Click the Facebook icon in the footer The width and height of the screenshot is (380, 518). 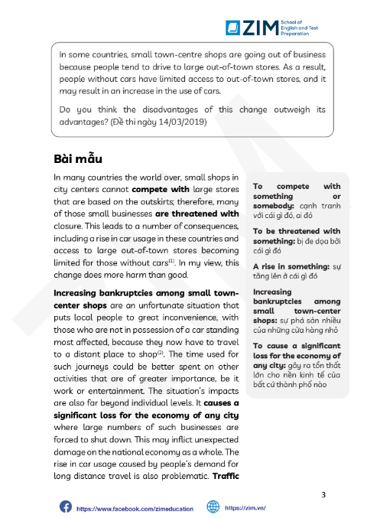65,507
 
